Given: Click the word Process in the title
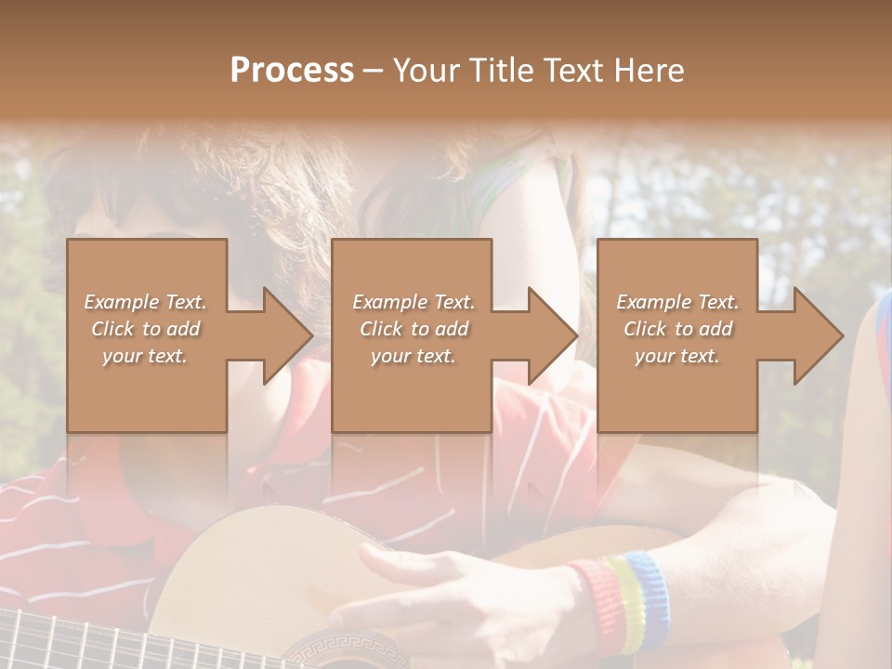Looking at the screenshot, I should [x=292, y=71].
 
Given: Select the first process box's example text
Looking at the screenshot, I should [x=145, y=329].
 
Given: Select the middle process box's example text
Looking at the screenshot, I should [x=413, y=329].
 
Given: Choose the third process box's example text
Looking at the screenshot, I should [x=676, y=329].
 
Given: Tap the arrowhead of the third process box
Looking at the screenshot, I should [x=817, y=335].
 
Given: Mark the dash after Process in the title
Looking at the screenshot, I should [x=374, y=72].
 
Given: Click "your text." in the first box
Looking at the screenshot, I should [x=145, y=356].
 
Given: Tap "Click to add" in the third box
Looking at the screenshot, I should [x=676, y=329].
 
